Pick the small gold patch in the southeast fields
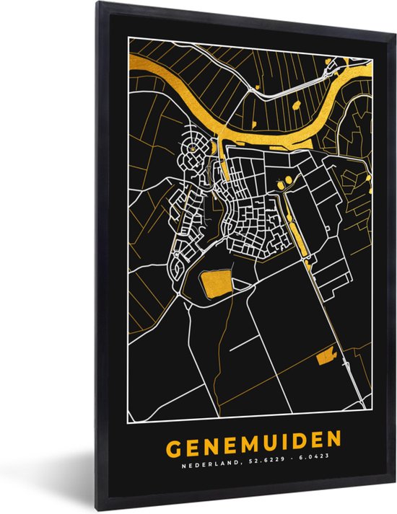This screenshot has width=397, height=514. (x=326, y=355)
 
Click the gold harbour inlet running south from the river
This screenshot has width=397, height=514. (x=225, y=163)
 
